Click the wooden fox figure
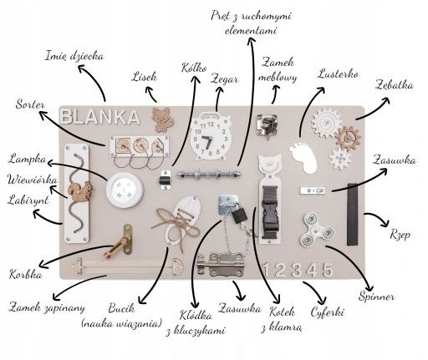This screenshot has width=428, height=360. click(163, 119)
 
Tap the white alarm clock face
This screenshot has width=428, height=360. click(210, 137)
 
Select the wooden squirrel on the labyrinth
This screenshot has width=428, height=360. click(80, 191)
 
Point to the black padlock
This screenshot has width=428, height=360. click(239, 215)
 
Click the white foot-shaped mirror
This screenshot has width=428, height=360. click(303, 158)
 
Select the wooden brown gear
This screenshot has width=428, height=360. click(348, 139)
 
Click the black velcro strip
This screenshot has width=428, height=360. click(352, 215)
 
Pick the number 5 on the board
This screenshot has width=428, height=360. click(328, 270)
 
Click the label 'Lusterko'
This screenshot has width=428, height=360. click(338, 74)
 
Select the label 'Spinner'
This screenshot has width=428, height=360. click(376, 297)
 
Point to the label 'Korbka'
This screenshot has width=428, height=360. click(26, 275)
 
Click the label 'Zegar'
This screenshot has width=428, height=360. click(224, 79)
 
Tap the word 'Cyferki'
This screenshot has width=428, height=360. click(328, 312)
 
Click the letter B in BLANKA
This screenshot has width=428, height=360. click(68, 117)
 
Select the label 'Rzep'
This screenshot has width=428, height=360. click(400, 236)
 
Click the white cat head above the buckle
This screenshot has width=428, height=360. click(269, 164)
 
